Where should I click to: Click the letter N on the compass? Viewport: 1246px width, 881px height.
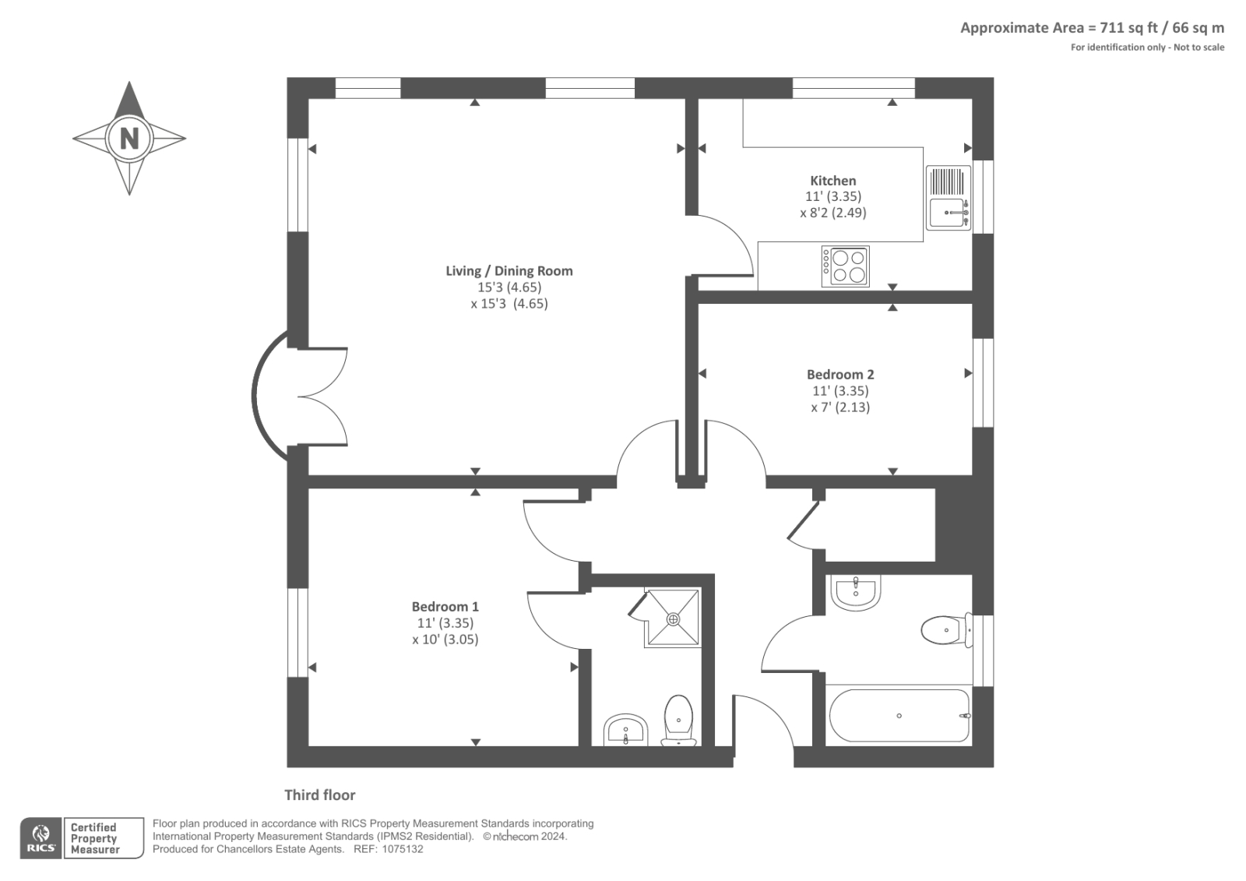129,138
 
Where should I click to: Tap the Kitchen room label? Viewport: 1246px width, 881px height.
832,180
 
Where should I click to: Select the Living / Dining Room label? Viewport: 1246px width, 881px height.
509,271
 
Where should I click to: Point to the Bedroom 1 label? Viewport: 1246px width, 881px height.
445,606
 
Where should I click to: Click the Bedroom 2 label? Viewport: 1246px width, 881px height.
840,374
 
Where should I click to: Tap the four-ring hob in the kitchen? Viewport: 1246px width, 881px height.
846,266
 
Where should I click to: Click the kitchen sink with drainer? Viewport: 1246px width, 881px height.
949,198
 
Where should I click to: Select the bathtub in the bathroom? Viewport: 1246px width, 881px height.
899,716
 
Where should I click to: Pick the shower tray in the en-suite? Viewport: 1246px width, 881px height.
673,618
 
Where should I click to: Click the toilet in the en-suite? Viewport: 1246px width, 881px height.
678,721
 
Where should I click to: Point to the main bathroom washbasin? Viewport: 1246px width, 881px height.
856,592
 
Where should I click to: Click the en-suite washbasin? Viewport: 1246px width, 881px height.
626,730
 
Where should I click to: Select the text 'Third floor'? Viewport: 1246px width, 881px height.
320,795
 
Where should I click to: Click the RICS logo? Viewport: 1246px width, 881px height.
41,837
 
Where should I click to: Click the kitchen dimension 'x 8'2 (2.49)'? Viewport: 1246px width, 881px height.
832,213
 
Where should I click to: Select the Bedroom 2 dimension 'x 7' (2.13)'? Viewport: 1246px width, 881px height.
840,407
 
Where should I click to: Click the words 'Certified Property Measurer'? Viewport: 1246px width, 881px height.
94,838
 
